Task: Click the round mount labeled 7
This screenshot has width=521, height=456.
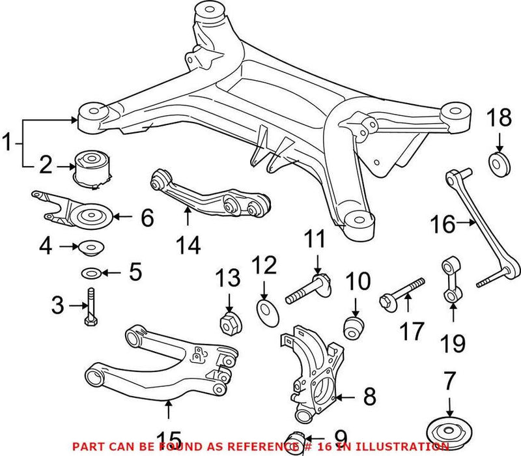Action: (448, 430)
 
